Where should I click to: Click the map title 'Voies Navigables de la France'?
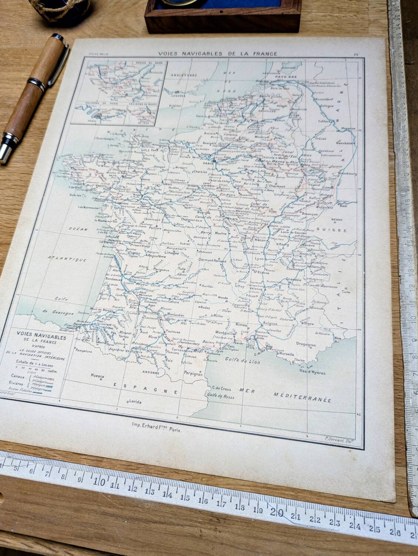(218, 53)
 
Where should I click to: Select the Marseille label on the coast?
(284, 354)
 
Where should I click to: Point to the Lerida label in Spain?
(135, 401)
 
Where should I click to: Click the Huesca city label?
(98, 376)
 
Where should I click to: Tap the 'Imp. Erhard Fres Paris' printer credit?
(157, 426)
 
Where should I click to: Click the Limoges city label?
(171, 253)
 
